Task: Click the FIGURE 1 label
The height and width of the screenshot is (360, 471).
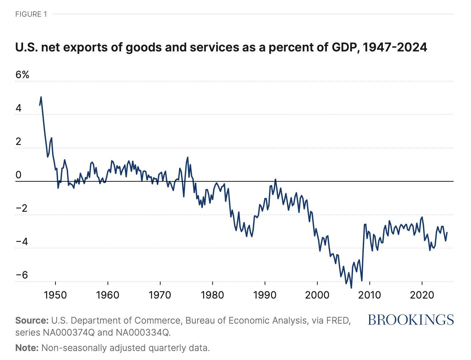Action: click(x=31, y=14)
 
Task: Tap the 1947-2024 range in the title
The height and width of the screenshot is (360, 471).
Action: click(x=395, y=47)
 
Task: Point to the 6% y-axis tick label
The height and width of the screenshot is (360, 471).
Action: click(x=22, y=74)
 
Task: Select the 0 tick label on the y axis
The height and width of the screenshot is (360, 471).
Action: click(x=18, y=175)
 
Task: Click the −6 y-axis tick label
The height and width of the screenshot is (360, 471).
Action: click(x=22, y=275)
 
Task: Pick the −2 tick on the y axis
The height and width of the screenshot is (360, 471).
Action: click(x=22, y=208)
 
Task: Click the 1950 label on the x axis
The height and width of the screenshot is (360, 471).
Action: click(x=55, y=295)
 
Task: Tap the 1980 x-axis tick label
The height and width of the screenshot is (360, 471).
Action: click(x=212, y=295)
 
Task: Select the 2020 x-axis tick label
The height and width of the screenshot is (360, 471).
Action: click(x=422, y=295)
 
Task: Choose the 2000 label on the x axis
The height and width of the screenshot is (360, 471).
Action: click(x=317, y=295)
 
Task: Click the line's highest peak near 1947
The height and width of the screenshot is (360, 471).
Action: click(x=41, y=97)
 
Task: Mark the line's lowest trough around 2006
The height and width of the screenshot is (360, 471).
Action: click(x=351, y=287)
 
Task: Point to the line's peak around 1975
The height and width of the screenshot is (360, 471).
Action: click(x=188, y=157)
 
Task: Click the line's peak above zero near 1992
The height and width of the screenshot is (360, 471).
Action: click(x=276, y=180)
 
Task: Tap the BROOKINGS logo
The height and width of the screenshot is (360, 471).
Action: click(x=411, y=320)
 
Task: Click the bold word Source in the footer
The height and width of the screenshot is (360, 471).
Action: click(x=32, y=321)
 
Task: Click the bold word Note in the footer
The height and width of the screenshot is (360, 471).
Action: click(x=27, y=348)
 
